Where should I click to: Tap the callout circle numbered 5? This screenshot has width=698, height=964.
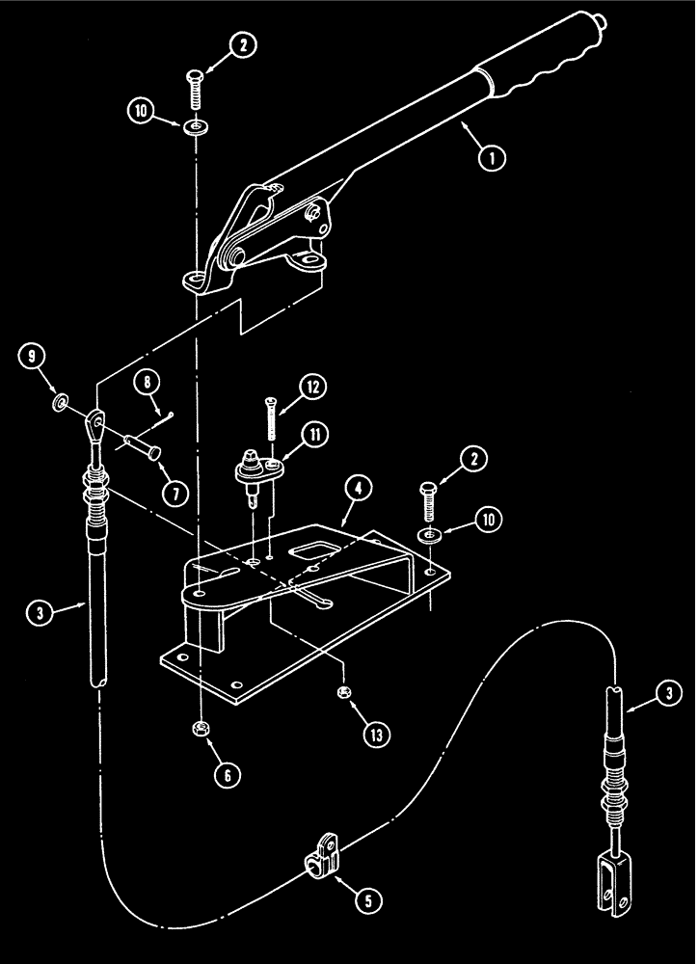point(367,900)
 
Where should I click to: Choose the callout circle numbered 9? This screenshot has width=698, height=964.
point(32,360)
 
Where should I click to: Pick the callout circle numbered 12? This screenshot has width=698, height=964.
point(312,388)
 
